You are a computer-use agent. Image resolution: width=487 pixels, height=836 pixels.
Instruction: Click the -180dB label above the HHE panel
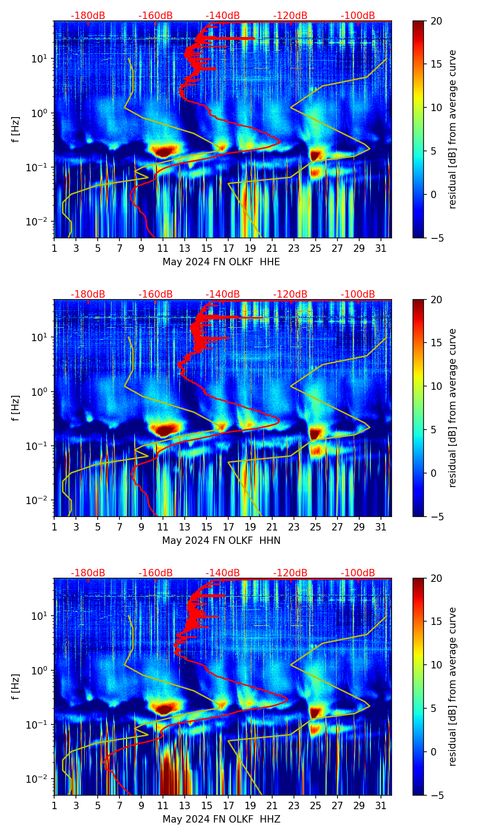[x=88, y=16]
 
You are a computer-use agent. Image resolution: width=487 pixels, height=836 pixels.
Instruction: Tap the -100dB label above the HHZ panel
[x=358, y=573]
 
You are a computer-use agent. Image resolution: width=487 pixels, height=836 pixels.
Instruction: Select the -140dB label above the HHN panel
[x=223, y=294]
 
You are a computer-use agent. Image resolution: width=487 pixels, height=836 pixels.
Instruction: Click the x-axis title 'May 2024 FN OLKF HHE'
[x=221, y=262]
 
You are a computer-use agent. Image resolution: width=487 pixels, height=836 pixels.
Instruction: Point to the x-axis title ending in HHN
[x=221, y=541]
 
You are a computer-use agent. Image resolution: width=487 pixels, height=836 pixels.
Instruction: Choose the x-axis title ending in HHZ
[x=221, y=819]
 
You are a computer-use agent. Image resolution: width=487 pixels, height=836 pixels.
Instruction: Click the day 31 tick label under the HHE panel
[x=381, y=249]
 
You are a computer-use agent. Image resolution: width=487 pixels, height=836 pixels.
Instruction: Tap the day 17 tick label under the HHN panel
[x=228, y=527]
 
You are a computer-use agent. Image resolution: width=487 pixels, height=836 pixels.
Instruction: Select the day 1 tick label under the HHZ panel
[x=54, y=806]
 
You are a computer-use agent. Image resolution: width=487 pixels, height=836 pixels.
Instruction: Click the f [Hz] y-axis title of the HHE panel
[x=16, y=129]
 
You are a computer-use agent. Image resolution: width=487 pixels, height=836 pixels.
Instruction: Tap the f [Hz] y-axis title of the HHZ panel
[x=16, y=686]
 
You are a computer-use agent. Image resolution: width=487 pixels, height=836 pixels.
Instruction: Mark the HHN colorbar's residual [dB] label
[x=453, y=408]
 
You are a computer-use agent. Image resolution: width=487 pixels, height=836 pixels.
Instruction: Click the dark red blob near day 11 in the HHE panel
[x=164, y=151]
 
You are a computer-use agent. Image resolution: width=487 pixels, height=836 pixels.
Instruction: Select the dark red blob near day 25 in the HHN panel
[x=315, y=434]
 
